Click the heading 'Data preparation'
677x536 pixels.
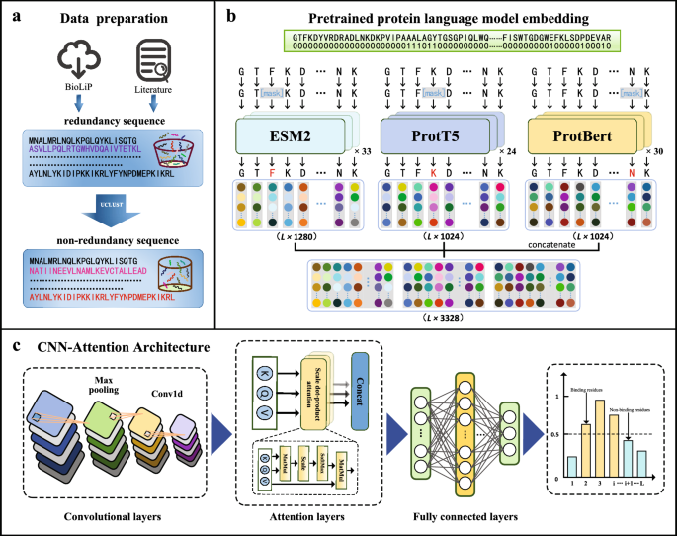click(108, 19)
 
